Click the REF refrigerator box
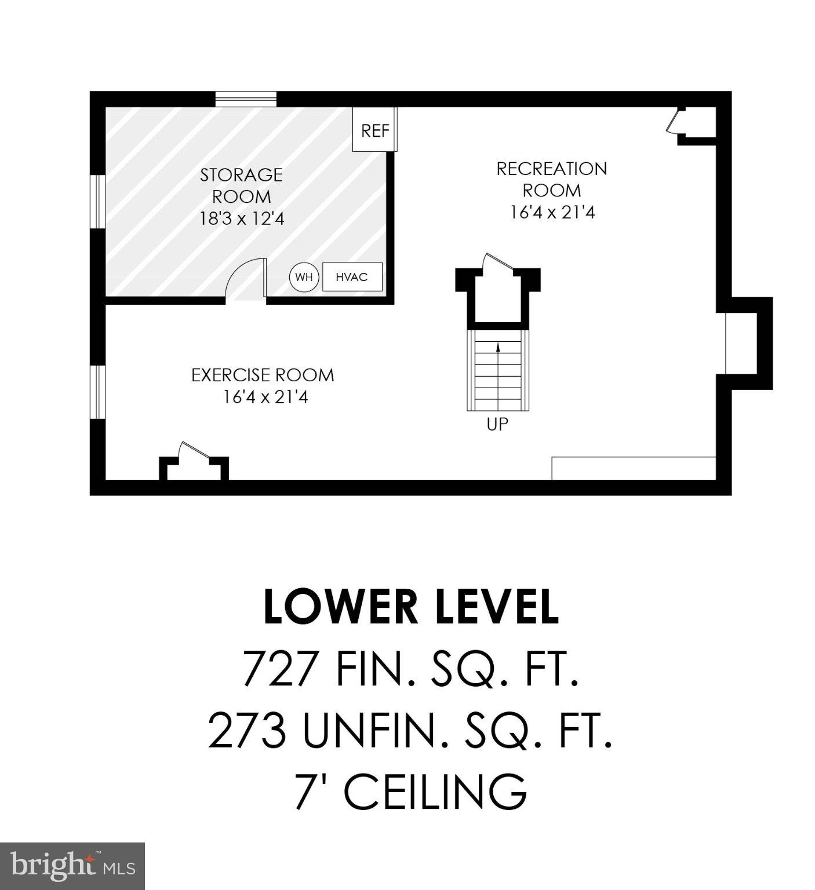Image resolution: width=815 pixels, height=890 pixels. [x=375, y=131]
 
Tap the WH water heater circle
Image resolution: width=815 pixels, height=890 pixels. [x=304, y=277]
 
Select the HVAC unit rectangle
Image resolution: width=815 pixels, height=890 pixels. [x=352, y=277]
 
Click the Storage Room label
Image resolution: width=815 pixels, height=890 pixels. [x=242, y=185]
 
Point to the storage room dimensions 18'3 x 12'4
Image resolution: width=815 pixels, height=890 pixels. [x=242, y=219]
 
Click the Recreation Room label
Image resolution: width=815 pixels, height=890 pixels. [x=552, y=179]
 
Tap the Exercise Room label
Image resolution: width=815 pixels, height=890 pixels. [x=263, y=375]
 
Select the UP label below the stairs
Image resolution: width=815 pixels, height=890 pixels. [x=497, y=425]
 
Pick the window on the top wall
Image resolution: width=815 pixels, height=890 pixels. [x=246, y=99]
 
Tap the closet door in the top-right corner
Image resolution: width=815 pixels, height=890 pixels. [x=674, y=122]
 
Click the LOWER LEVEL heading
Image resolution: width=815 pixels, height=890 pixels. [x=411, y=608]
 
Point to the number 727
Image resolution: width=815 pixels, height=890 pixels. [x=280, y=669]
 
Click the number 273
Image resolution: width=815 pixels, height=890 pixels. [x=248, y=731]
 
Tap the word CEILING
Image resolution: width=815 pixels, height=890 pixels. [x=435, y=792]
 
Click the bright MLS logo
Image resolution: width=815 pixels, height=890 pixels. [x=72, y=866]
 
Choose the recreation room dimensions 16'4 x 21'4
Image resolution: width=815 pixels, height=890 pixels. [x=552, y=213]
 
